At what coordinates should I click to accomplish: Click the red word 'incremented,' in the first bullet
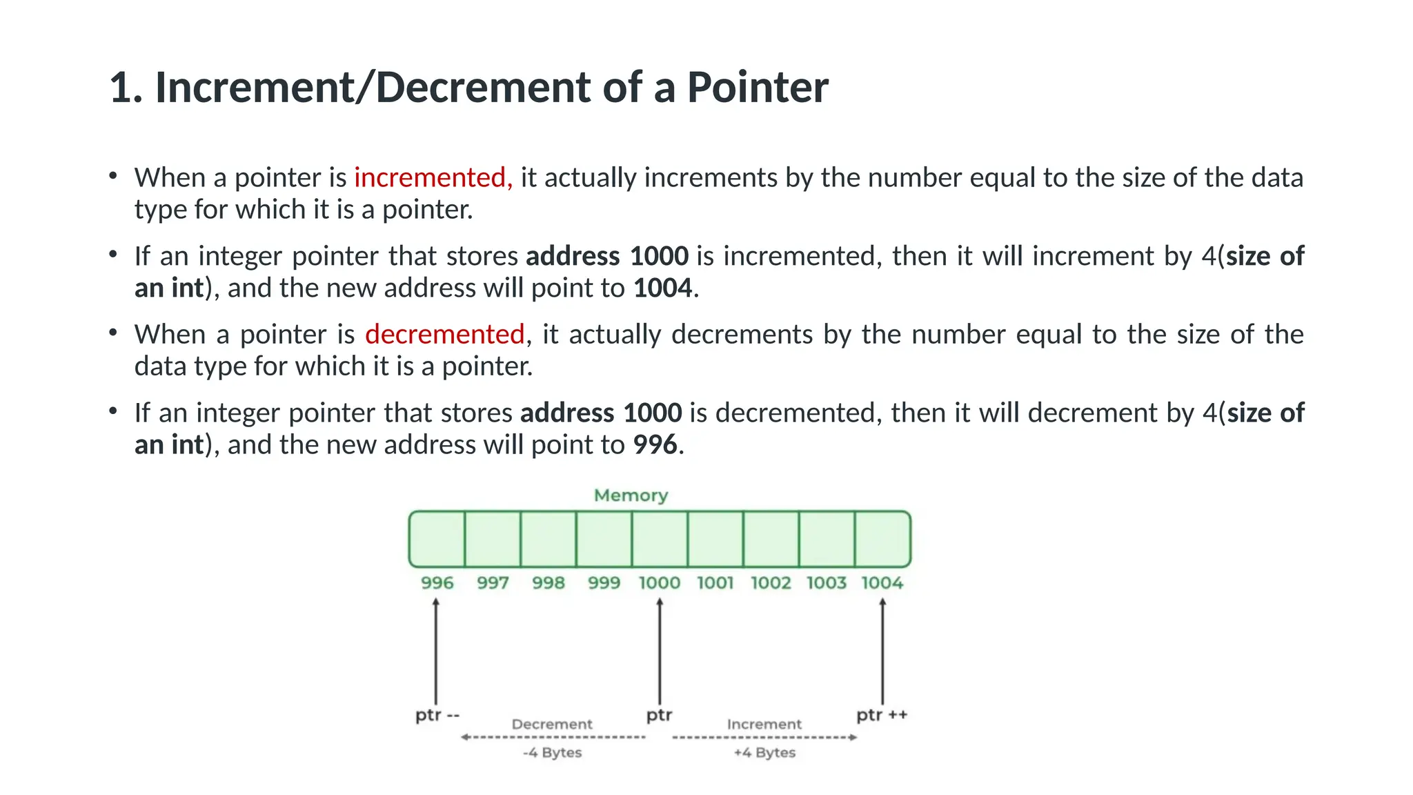(x=433, y=178)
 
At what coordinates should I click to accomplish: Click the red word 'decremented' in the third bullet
(x=445, y=335)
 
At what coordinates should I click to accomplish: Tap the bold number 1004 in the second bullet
(x=662, y=288)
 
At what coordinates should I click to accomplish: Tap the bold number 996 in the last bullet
(x=655, y=444)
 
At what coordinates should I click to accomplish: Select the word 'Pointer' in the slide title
(x=758, y=88)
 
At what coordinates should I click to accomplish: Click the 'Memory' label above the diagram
(x=631, y=495)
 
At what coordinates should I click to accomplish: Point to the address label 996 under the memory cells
(x=437, y=583)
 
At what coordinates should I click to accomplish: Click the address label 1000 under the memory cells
(x=660, y=583)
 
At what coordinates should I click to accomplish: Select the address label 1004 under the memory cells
(x=882, y=583)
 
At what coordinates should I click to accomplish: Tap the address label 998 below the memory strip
(x=549, y=583)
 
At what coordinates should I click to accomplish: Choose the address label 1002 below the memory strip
(x=771, y=583)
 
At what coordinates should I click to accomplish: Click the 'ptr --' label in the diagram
(x=437, y=715)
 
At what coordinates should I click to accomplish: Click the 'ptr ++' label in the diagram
(x=882, y=715)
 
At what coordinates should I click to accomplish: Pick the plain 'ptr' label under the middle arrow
(x=659, y=715)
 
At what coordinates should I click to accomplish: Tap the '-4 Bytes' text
(x=552, y=753)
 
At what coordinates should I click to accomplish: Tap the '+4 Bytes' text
(x=764, y=753)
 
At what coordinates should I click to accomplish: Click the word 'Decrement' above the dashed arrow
(x=552, y=725)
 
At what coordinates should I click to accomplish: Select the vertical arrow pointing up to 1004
(x=882, y=652)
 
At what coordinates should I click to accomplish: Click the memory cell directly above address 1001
(x=715, y=539)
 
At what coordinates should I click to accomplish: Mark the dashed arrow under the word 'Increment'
(x=764, y=738)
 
